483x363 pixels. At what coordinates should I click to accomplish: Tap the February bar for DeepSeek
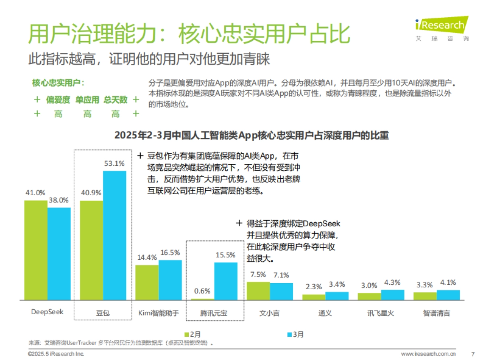coord(35,250)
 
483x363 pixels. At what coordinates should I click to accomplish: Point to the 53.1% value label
coord(114,164)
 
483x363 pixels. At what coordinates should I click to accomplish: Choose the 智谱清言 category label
coord(436,313)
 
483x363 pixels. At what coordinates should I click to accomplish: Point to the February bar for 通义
coord(314,297)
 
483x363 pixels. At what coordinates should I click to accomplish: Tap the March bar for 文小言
coord(281,292)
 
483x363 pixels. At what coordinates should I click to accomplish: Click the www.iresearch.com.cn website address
coord(428,354)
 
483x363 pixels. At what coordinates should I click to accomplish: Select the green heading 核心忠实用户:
coord(58,83)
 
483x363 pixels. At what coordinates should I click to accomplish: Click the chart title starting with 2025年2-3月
coord(252,135)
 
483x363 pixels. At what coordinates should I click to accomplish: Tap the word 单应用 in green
coord(87,100)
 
